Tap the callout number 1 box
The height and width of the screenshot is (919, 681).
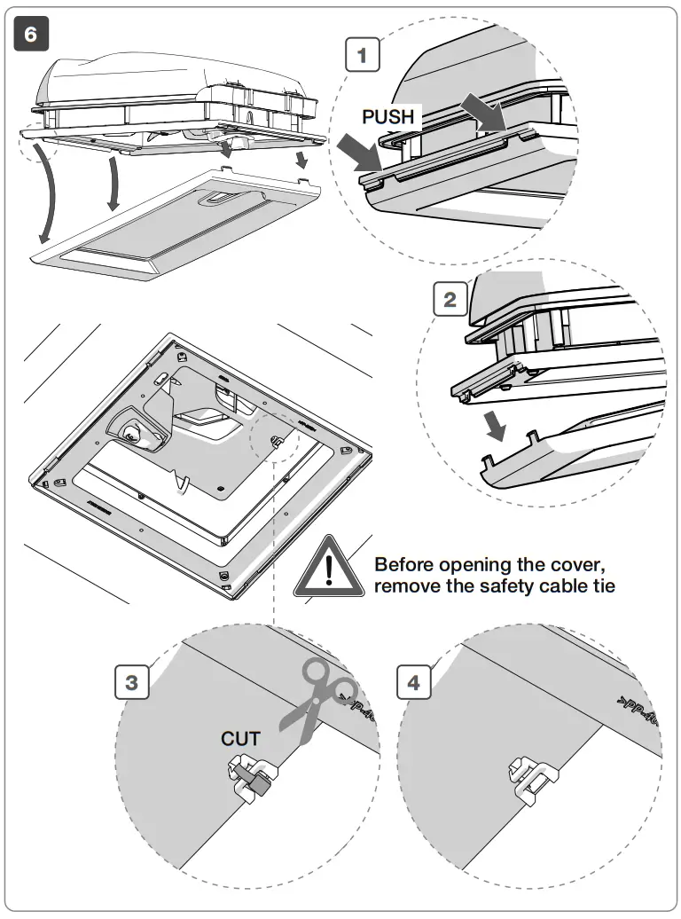362,56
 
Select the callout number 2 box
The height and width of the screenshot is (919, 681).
450,299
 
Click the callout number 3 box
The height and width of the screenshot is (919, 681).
132,683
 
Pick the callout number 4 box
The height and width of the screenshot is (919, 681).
413,683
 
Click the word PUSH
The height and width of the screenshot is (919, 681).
387,116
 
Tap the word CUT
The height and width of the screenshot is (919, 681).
240,738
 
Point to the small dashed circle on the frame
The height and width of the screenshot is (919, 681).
275,439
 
